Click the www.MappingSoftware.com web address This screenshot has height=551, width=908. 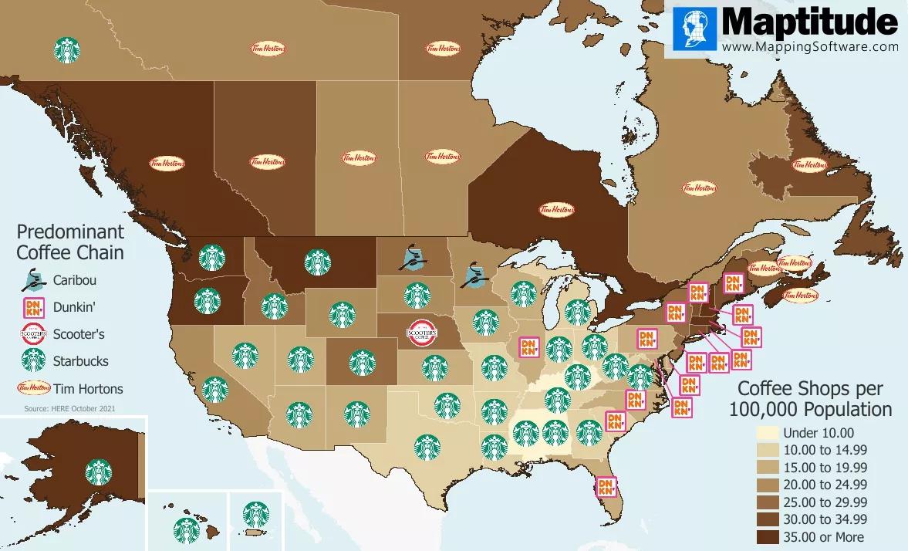(810, 46)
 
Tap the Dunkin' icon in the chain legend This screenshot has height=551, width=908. (33, 306)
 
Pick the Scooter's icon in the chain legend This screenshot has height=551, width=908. (33, 333)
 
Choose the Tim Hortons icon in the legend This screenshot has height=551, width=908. (33, 388)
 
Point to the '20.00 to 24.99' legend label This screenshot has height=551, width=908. (824, 485)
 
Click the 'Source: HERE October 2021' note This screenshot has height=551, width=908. (70, 407)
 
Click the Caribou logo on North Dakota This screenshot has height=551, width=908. (414, 258)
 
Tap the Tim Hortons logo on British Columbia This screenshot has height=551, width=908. (167, 163)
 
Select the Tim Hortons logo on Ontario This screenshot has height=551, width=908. (556, 209)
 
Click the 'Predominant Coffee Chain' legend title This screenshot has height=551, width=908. (71, 242)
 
